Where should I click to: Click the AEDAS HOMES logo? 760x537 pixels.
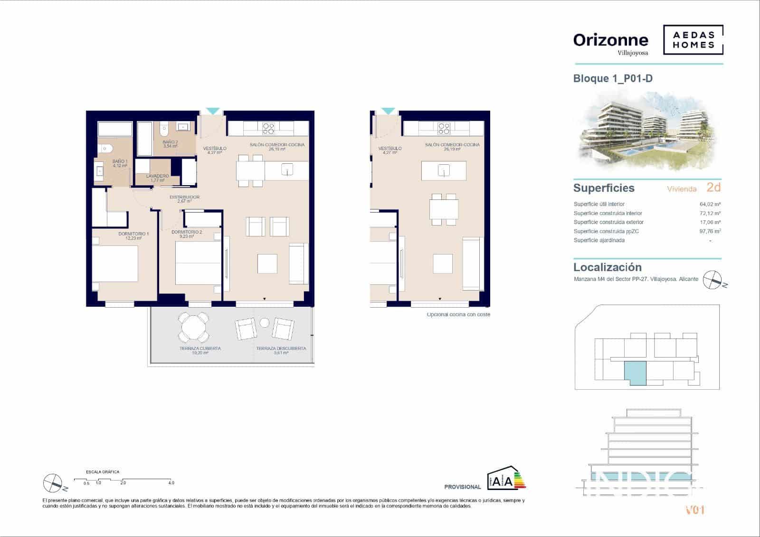pyautogui.click(x=693, y=40)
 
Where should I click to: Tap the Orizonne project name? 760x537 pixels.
pyautogui.click(x=610, y=40)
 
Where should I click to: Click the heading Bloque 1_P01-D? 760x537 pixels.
pyautogui.click(x=613, y=78)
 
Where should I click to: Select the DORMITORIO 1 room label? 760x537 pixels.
pyautogui.click(x=133, y=234)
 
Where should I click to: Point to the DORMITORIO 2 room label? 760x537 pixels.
pyautogui.click(x=187, y=232)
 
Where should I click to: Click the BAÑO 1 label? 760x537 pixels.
pyautogui.click(x=120, y=162)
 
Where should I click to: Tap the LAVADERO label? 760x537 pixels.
pyautogui.click(x=157, y=176)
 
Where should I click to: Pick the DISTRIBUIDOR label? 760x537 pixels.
pyautogui.click(x=184, y=197)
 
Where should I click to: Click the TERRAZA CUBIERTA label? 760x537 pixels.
pyautogui.click(x=200, y=349)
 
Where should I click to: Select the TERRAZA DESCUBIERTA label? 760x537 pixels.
pyautogui.click(x=281, y=349)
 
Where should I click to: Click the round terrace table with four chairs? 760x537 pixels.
pyautogui.click(x=193, y=327)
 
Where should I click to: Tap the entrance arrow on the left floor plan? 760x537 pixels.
pyautogui.click(x=212, y=111)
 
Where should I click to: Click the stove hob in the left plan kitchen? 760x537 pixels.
pyautogui.click(x=268, y=128)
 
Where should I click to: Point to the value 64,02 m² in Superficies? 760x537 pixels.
pyautogui.click(x=710, y=205)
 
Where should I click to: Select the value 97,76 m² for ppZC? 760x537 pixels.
pyautogui.click(x=710, y=232)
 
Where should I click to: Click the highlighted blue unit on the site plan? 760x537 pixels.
pyautogui.click(x=635, y=373)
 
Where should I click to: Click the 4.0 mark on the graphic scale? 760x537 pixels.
pyautogui.click(x=171, y=483)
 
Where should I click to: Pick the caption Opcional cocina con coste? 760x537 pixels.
pyautogui.click(x=458, y=315)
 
